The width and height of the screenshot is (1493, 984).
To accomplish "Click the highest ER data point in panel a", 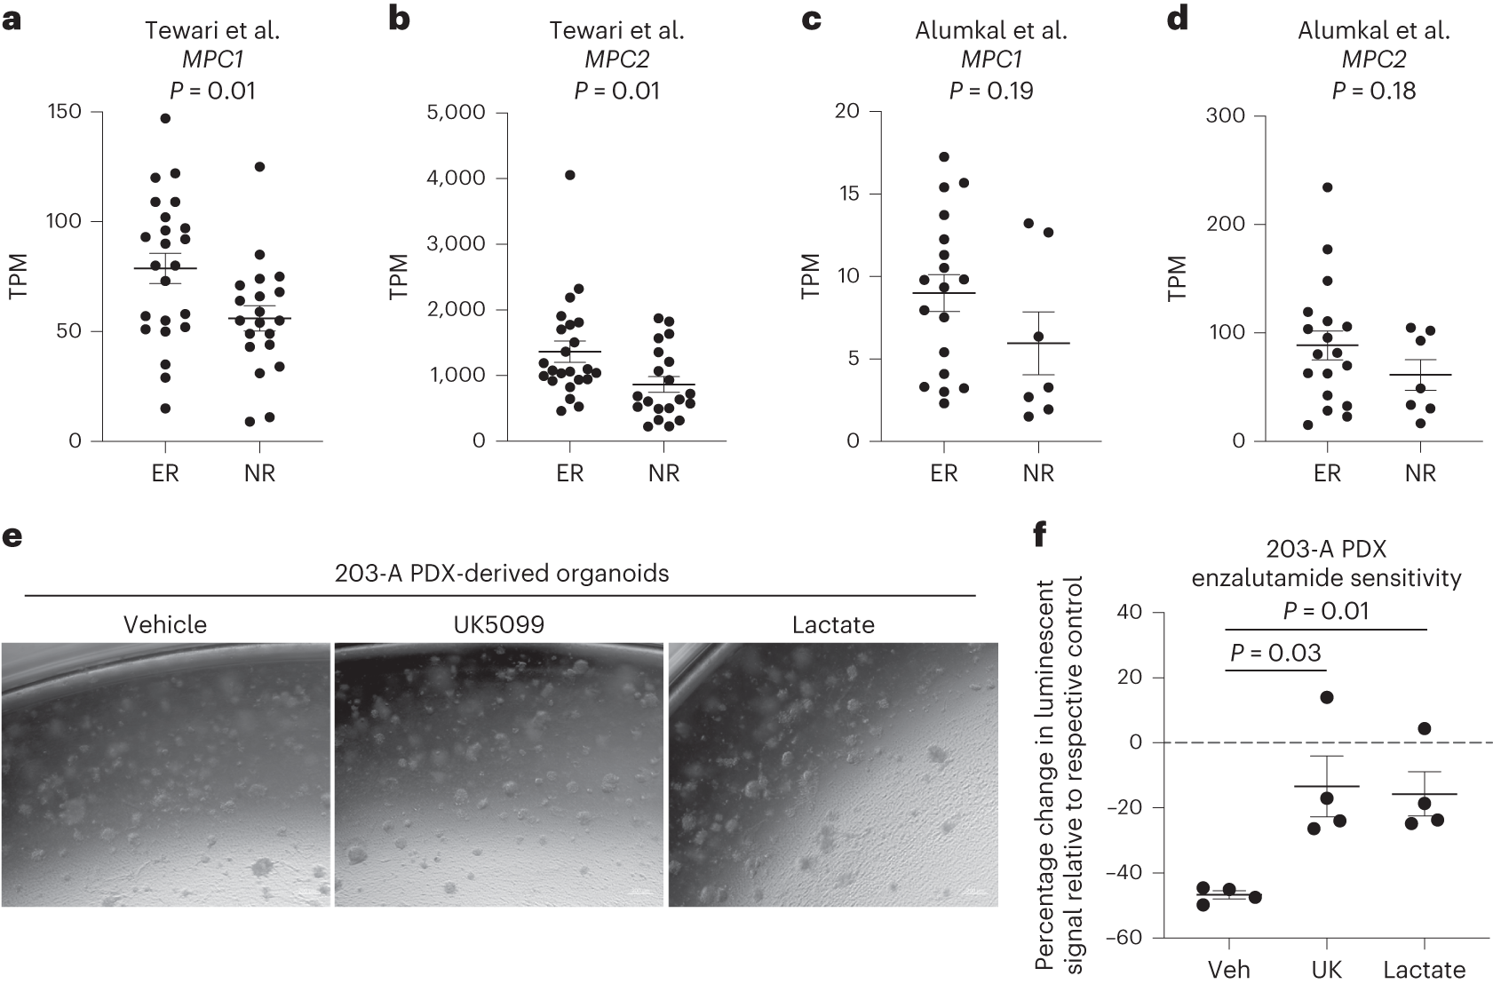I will (x=165, y=118).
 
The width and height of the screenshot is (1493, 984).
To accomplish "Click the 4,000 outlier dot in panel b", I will (x=569, y=175).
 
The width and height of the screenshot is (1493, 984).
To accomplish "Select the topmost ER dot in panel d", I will (x=1327, y=187).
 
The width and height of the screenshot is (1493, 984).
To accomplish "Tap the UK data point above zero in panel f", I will (x=1327, y=697).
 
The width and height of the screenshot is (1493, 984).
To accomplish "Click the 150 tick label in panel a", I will (x=64, y=112).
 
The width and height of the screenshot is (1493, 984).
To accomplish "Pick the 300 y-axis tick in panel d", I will (x=1226, y=116).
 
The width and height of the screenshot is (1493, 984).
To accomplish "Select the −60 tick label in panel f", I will (x=1124, y=938).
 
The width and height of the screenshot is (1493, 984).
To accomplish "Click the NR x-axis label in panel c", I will (x=1038, y=473).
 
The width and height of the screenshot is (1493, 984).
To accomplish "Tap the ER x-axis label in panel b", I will (x=570, y=473).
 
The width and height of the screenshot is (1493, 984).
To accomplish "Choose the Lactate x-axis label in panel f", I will (x=1424, y=969).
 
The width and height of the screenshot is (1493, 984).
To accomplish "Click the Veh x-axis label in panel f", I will (x=1228, y=969).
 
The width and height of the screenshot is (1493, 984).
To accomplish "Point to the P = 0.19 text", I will (x=991, y=91).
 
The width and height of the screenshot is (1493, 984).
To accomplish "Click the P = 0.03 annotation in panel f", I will (x=1275, y=654).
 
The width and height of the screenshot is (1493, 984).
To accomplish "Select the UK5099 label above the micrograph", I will (x=498, y=625).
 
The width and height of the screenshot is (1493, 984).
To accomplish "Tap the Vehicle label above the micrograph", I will (x=165, y=625).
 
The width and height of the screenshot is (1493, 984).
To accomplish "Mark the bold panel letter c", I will (x=810, y=19).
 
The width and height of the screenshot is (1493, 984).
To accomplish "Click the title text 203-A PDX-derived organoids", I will (x=502, y=574).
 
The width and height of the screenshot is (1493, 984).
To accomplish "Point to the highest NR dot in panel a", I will (x=259, y=167).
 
